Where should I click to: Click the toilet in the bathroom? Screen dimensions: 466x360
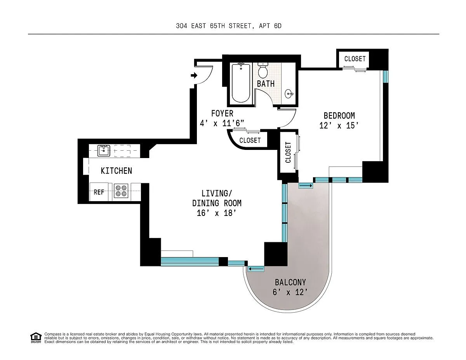(x=263, y=70)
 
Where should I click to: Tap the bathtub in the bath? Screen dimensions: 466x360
(x=241, y=83)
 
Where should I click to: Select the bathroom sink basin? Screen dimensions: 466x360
(x=289, y=94)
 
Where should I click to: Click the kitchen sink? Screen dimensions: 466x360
(x=104, y=151)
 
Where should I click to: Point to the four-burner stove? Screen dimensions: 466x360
(x=121, y=191)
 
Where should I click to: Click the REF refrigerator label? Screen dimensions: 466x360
(x=99, y=192)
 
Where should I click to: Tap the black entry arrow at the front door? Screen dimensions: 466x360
(x=194, y=75)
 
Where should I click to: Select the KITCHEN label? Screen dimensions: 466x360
(x=116, y=171)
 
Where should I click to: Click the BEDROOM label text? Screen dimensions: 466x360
(x=339, y=116)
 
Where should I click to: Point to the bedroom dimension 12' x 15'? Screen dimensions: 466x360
(x=339, y=126)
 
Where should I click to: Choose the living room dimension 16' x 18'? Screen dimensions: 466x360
(x=217, y=213)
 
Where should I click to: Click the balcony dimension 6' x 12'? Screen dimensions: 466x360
(x=290, y=292)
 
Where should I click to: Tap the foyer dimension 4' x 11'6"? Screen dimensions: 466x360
(x=222, y=123)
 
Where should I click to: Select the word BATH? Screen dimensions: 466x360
(x=266, y=84)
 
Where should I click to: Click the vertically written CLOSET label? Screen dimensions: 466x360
(x=288, y=152)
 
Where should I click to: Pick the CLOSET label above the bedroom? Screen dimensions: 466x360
(x=355, y=59)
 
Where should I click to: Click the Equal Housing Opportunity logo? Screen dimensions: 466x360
(x=36, y=338)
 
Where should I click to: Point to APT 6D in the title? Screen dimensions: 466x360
(x=270, y=26)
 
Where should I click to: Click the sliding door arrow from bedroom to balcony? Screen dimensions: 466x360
(x=306, y=186)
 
